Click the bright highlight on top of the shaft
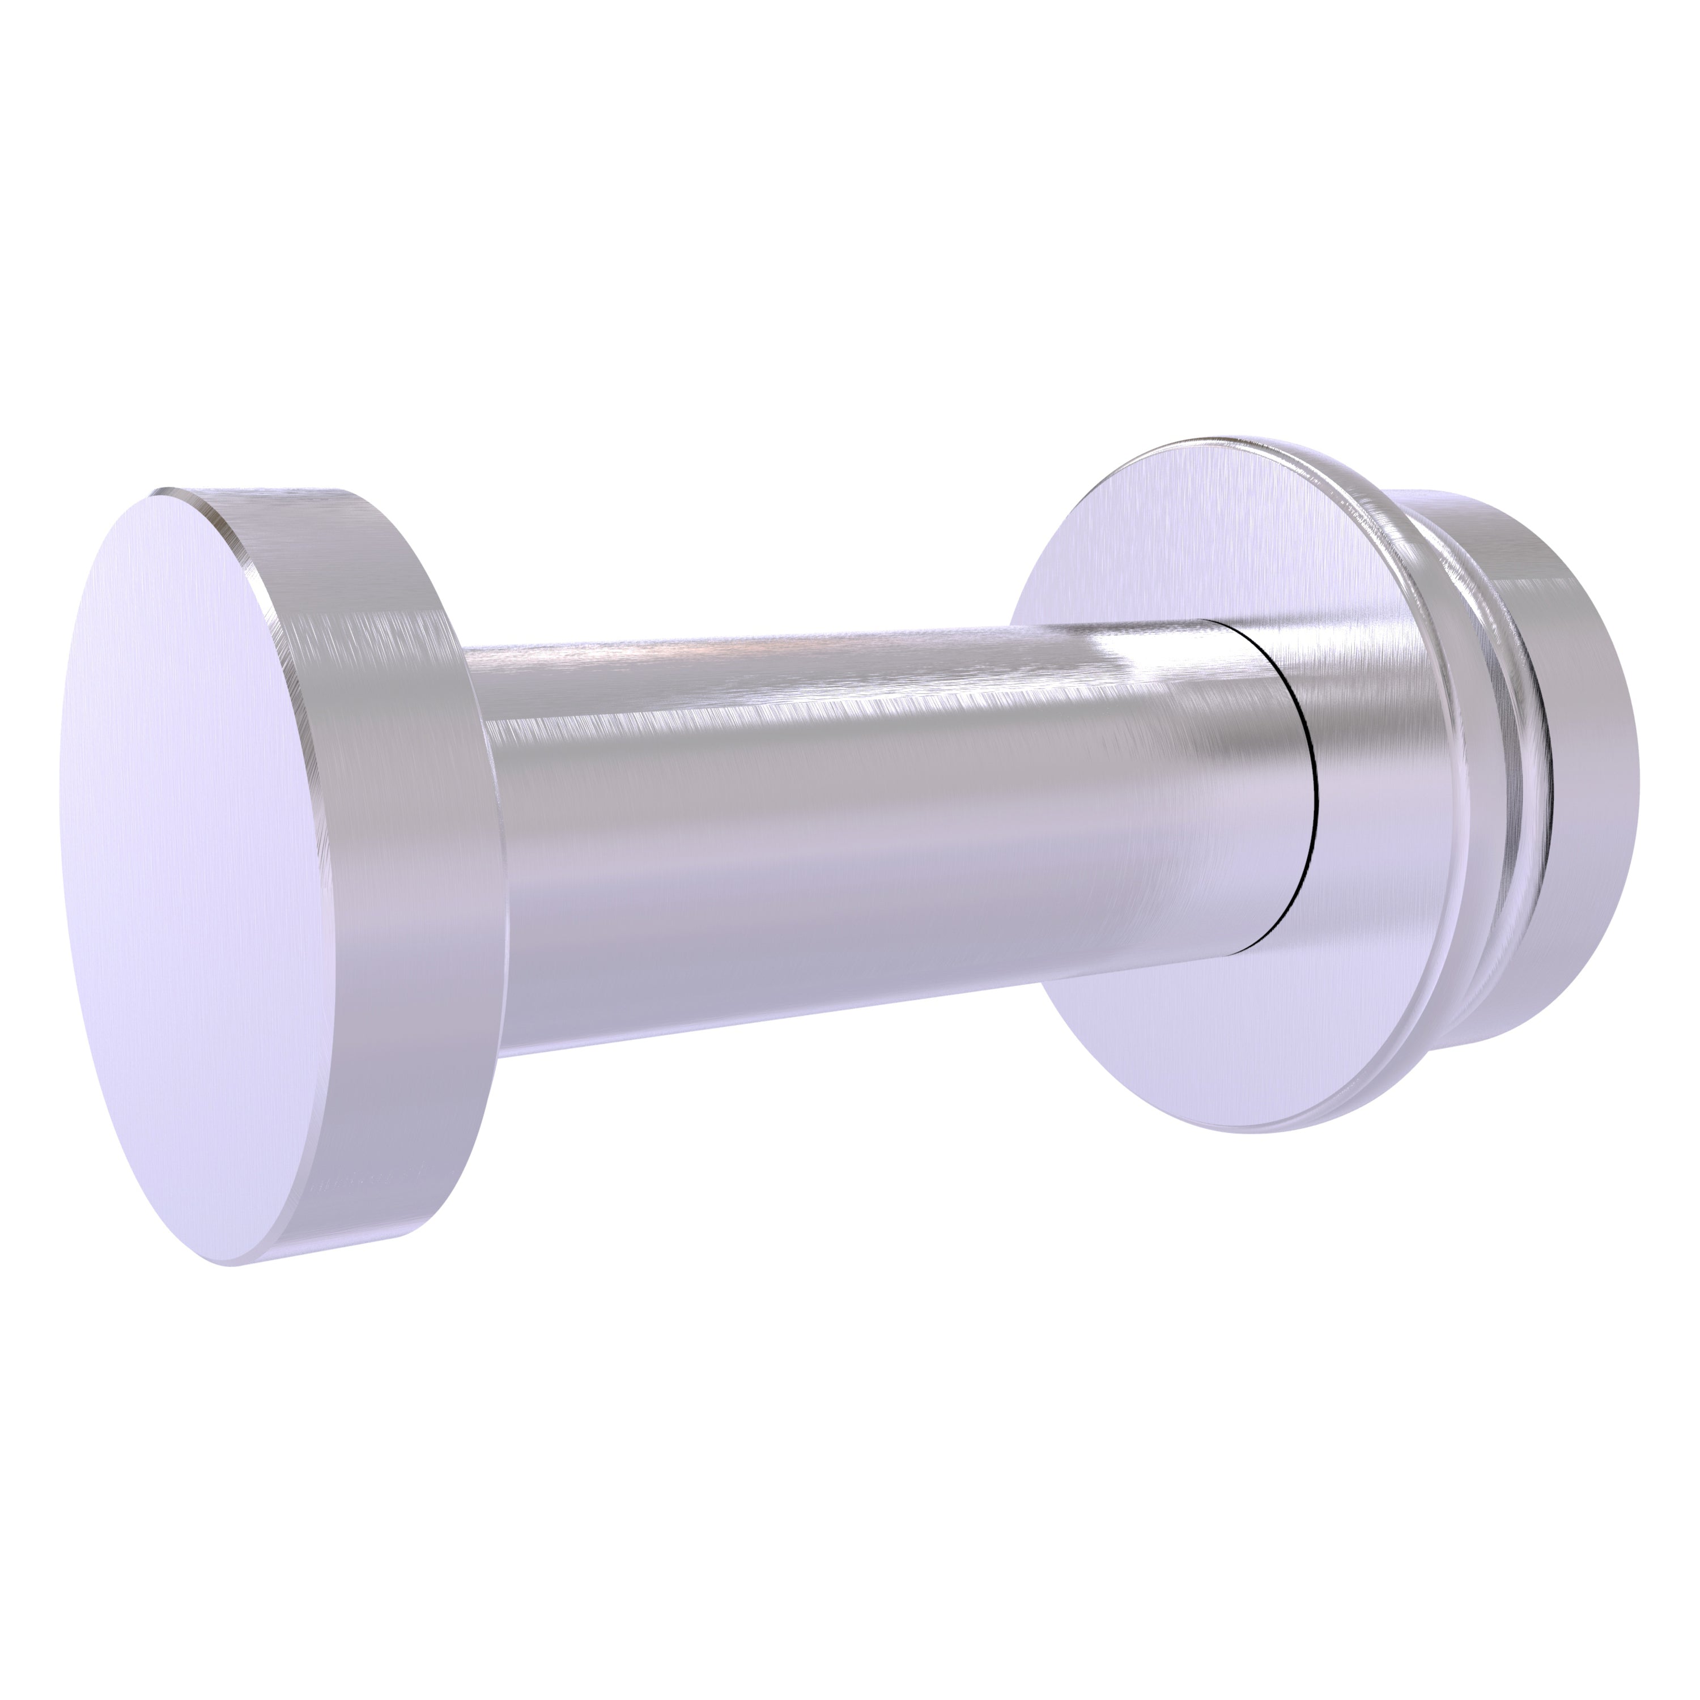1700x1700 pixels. click(x=792, y=656)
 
